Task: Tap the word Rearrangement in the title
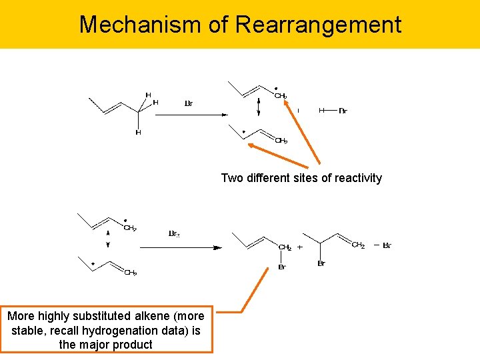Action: coord(318,25)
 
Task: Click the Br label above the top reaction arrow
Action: coord(189,103)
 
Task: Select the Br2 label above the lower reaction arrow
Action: coord(174,234)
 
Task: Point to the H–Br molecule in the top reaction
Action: coord(332,111)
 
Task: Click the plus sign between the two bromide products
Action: coord(299,247)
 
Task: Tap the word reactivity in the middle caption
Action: coord(357,178)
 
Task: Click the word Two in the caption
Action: coord(231,178)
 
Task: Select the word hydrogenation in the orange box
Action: coord(129,331)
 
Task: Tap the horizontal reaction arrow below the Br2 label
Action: coord(181,247)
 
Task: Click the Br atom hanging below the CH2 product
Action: coord(282,267)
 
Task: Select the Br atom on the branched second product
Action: coord(321,264)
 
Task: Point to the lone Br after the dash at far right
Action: coord(387,245)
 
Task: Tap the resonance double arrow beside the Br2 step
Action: coord(108,239)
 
